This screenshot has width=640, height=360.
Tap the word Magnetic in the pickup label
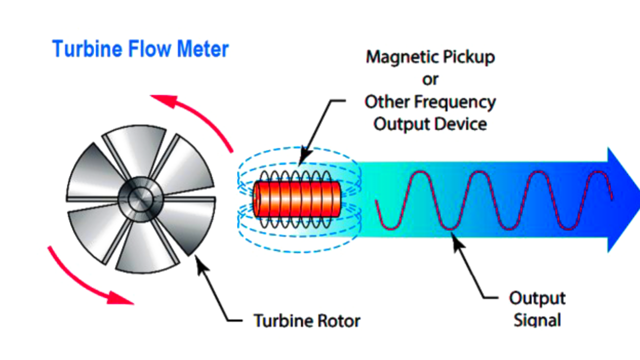point(397,57)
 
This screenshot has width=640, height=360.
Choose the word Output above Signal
point(537,298)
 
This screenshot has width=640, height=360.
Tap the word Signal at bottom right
point(537,320)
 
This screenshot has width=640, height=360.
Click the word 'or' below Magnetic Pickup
point(430,79)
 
